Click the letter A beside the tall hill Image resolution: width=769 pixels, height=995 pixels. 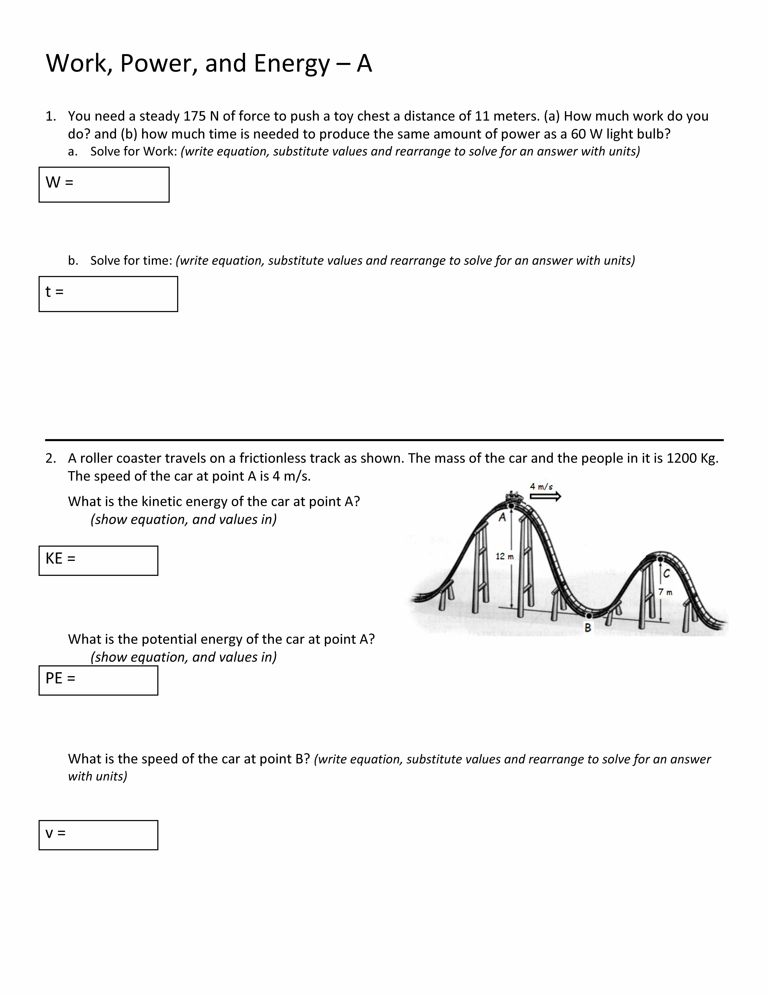coord(502,518)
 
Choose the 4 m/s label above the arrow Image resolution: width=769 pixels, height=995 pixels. coord(541,487)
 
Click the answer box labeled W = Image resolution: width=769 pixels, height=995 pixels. coord(104,184)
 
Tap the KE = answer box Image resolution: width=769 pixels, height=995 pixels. coord(98,560)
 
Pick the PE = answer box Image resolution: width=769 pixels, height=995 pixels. coord(98,680)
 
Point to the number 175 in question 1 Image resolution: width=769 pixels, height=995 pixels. coord(194,117)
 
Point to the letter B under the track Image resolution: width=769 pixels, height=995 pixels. coord(588,628)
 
